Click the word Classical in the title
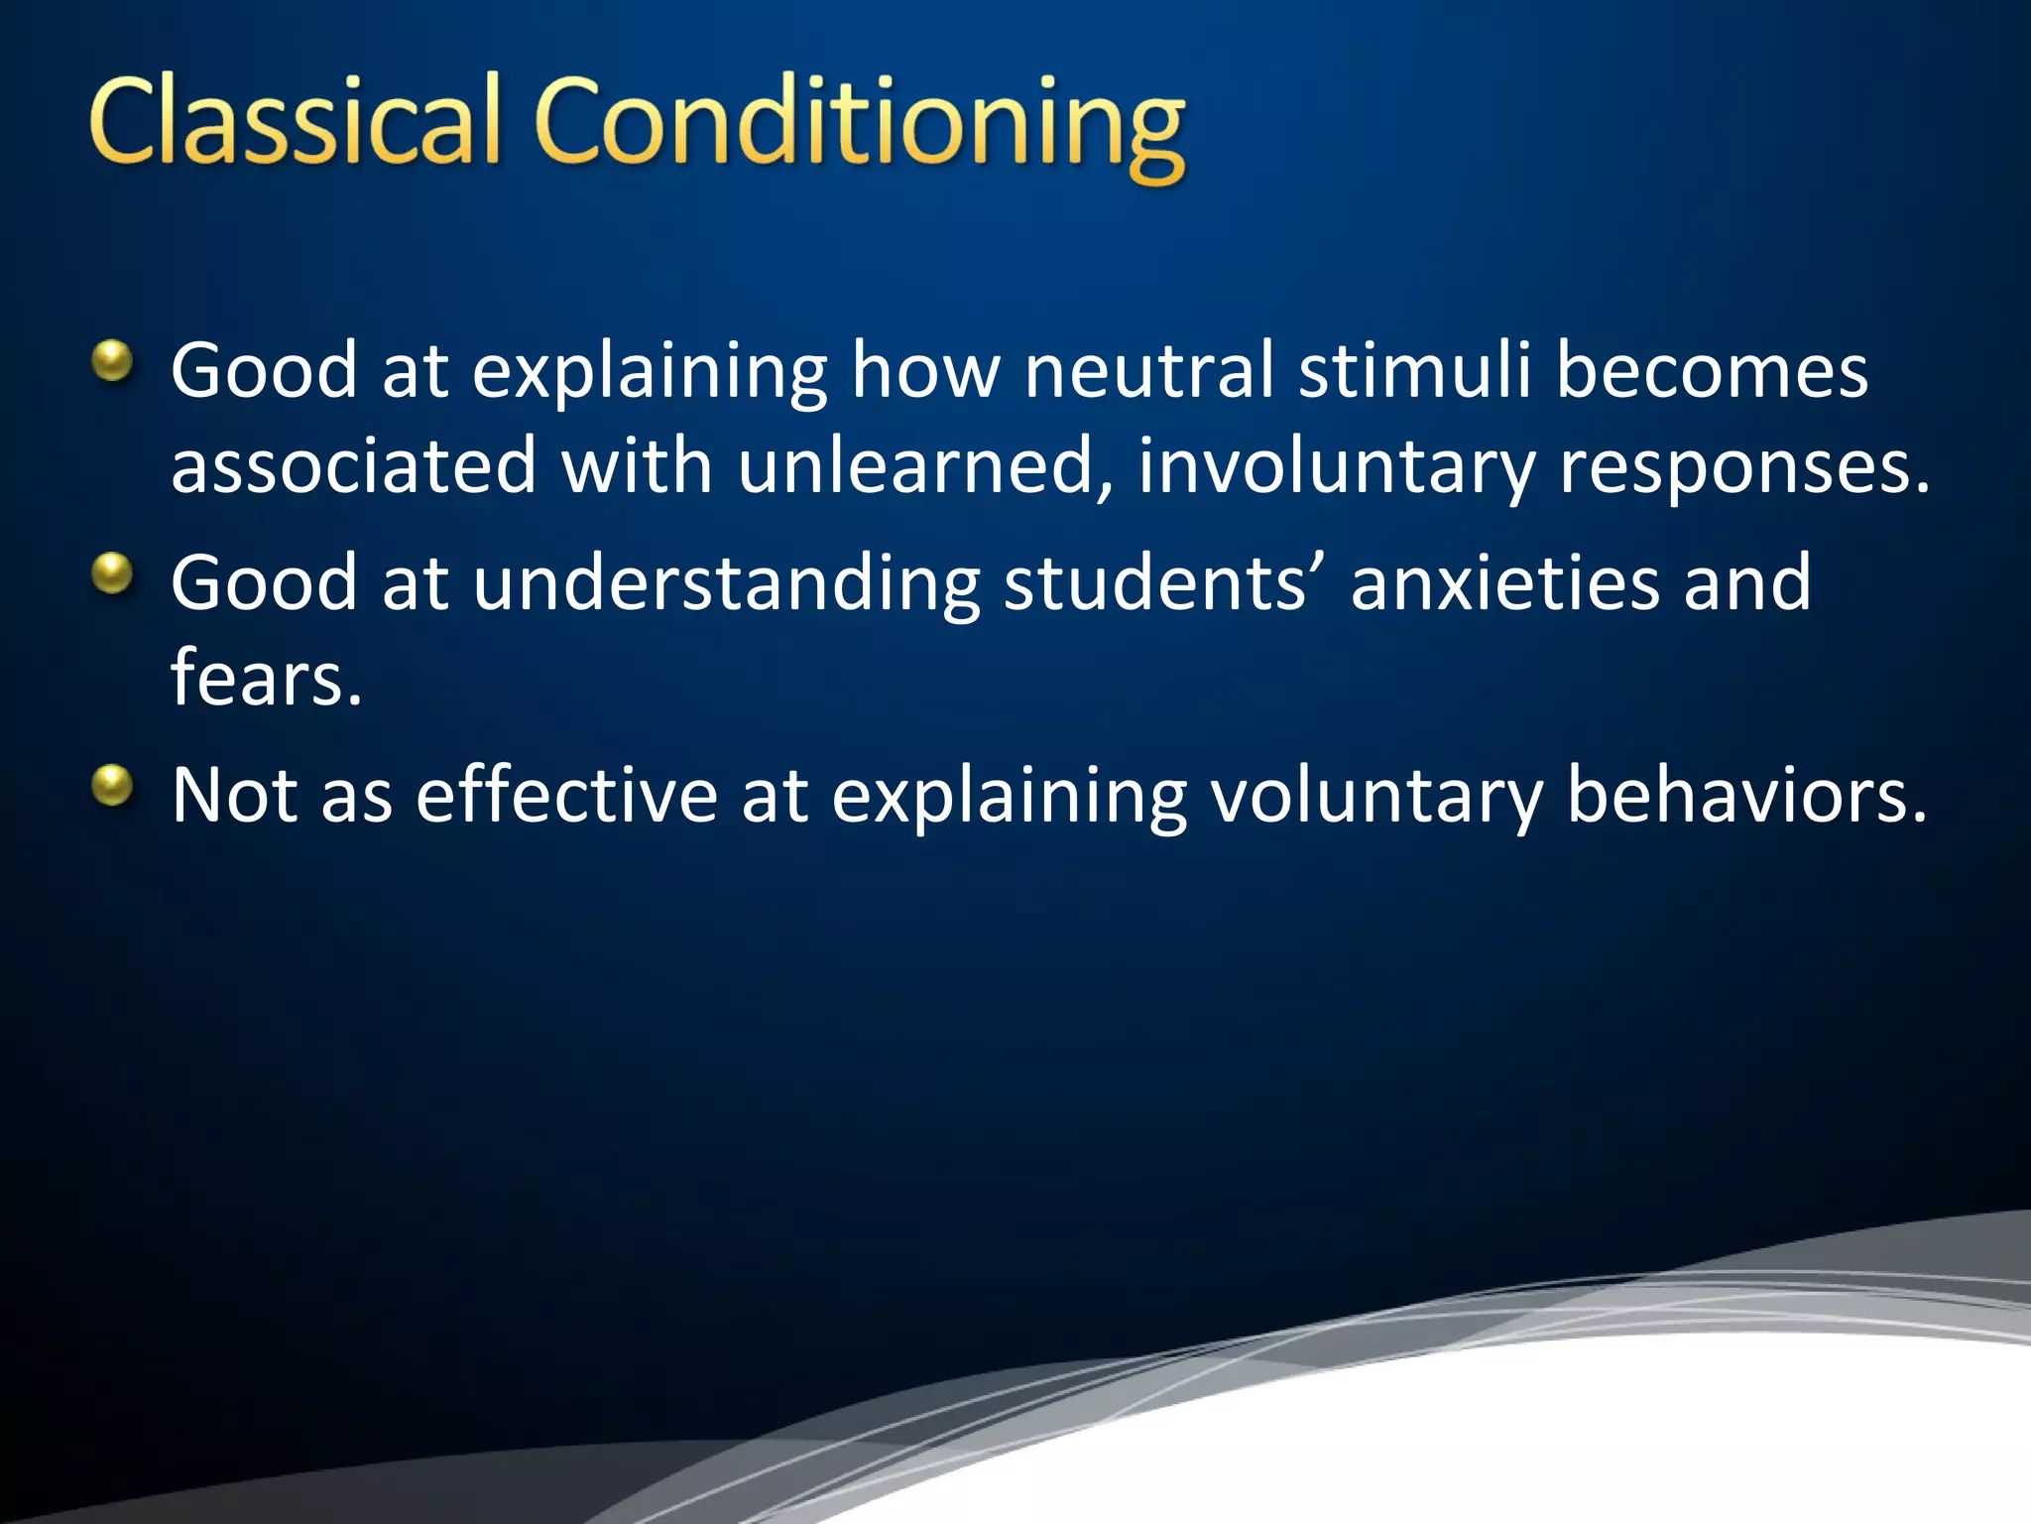[296, 121]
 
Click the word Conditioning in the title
[859, 124]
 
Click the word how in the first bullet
[926, 370]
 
